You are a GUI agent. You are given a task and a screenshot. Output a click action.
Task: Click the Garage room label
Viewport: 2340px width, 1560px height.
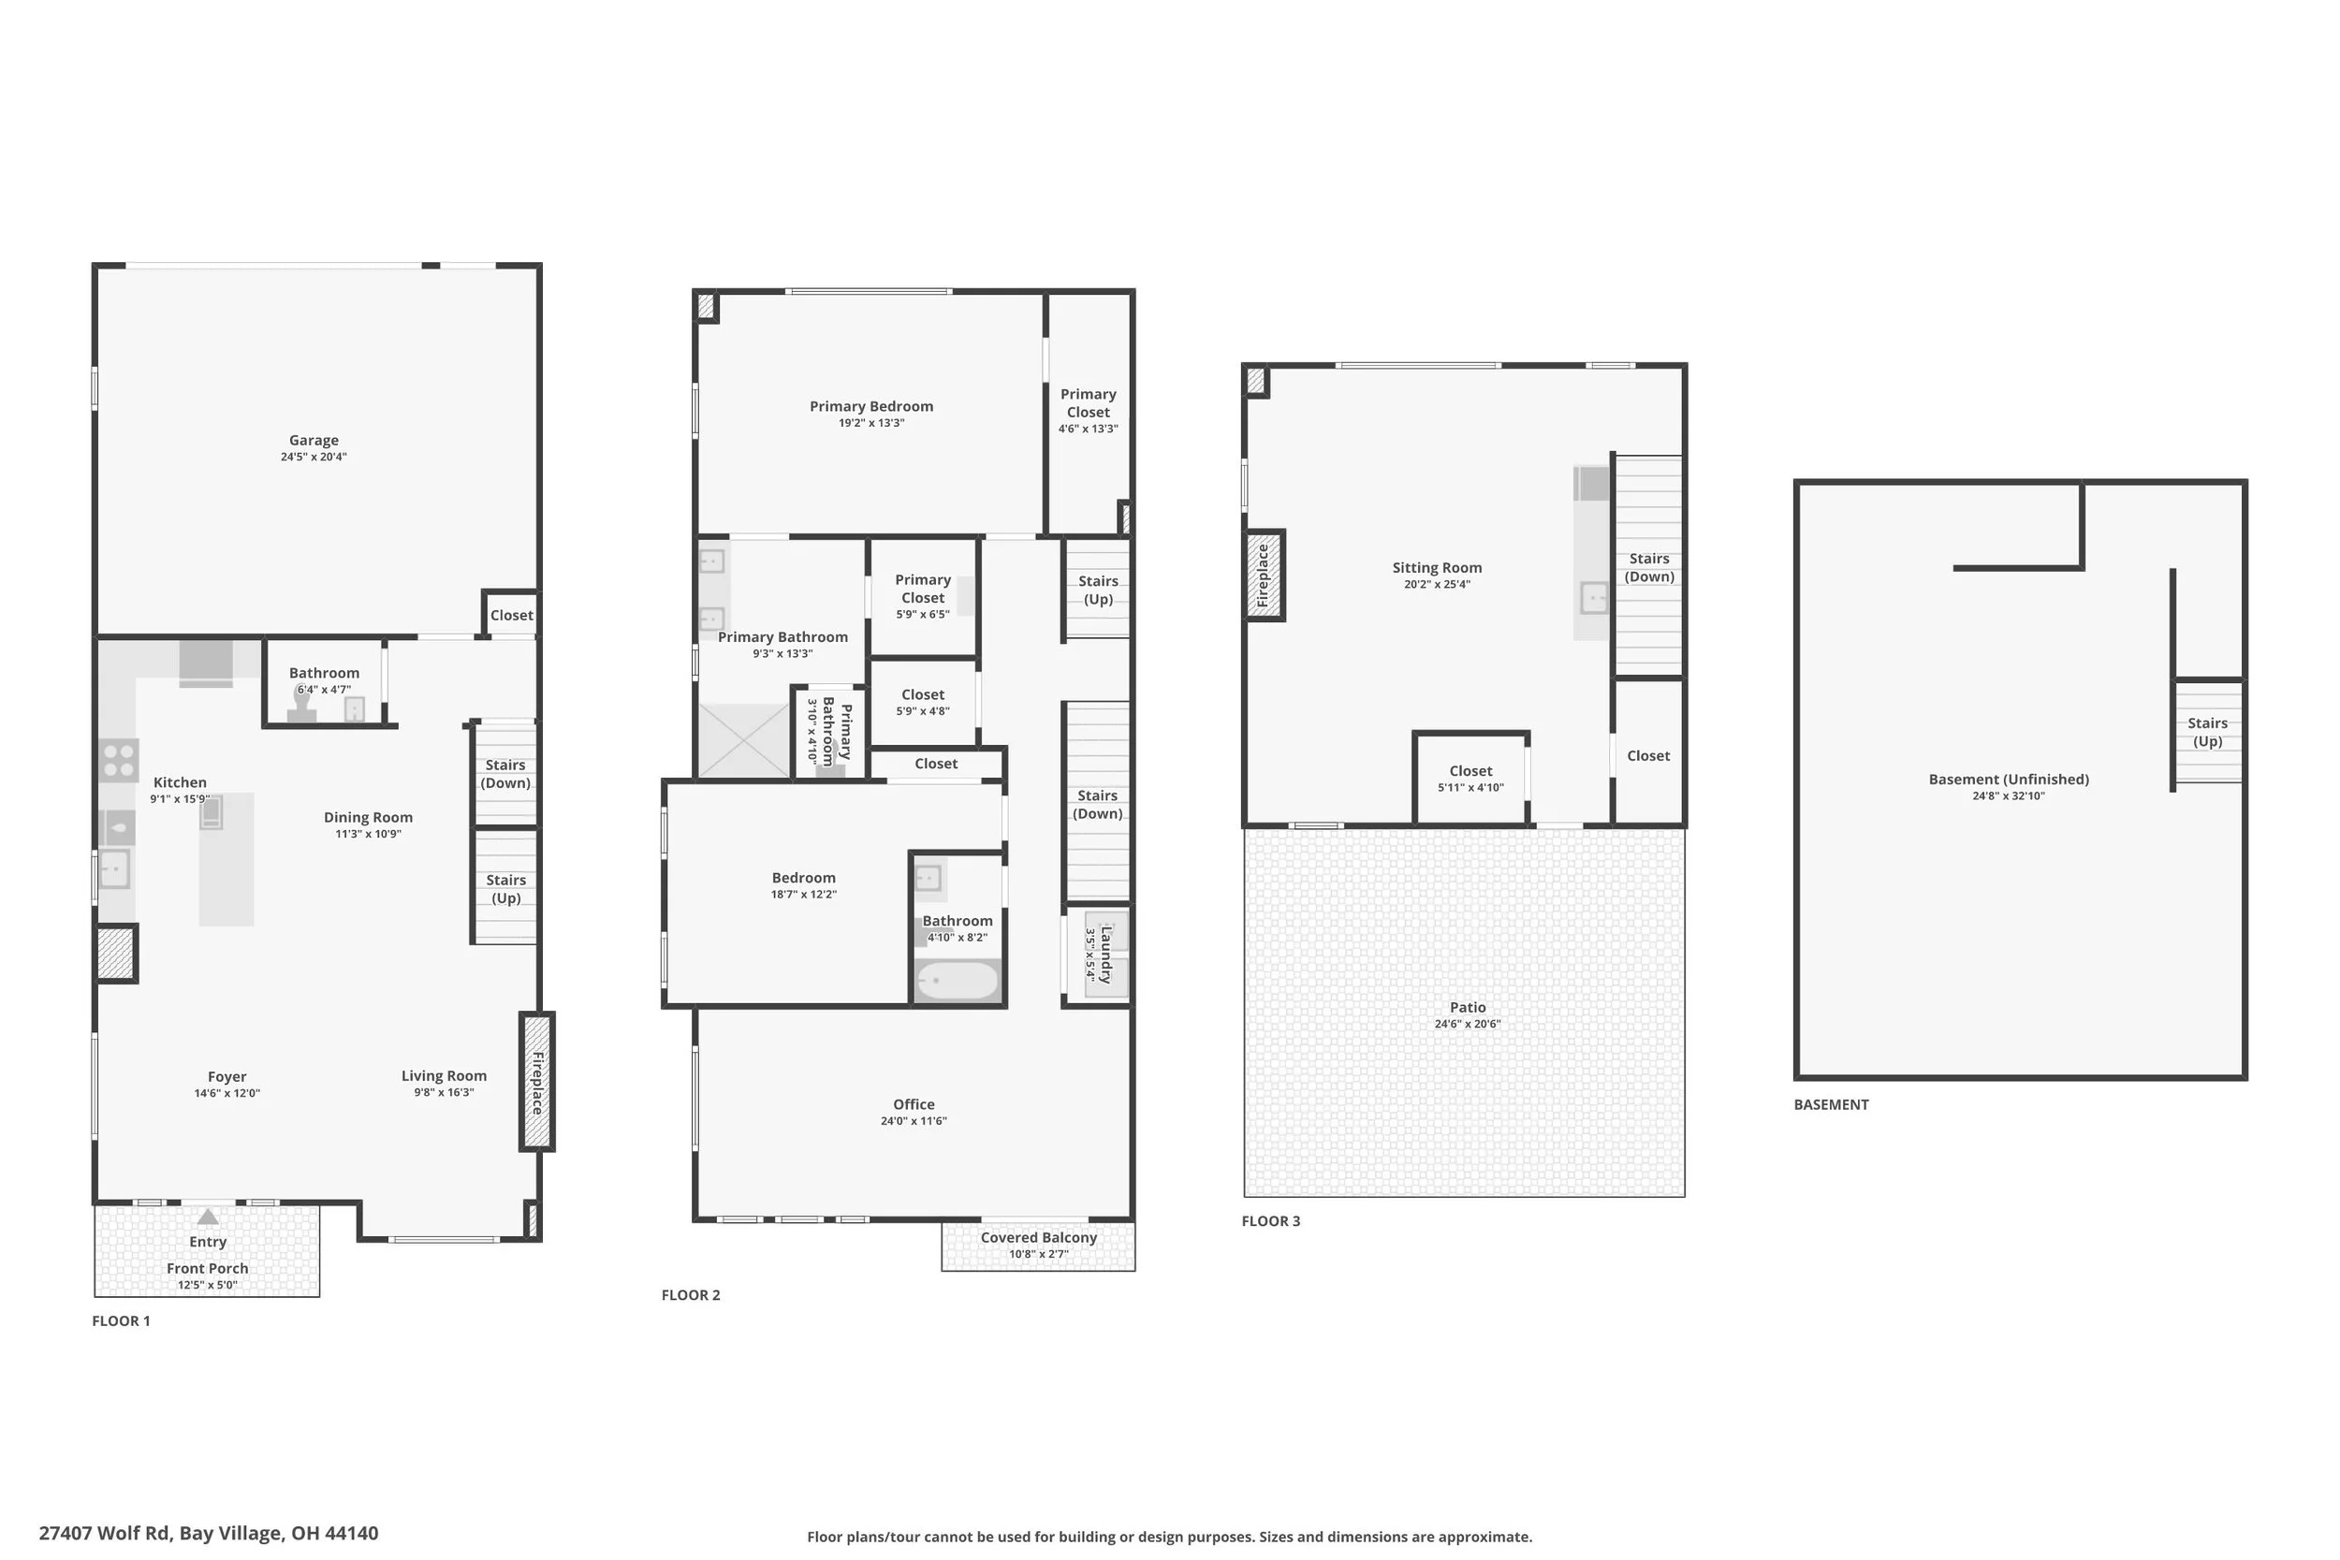314,440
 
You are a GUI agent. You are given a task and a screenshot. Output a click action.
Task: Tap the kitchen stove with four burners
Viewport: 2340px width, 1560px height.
118,760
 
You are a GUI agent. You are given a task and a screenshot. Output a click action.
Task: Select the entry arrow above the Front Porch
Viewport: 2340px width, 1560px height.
207,1216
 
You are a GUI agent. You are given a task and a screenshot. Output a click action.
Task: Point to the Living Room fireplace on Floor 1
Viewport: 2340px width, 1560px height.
536,1082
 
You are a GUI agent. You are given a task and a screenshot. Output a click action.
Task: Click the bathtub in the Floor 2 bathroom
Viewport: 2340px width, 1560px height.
958,981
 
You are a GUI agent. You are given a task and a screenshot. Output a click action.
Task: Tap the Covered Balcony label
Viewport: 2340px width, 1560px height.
1039,1238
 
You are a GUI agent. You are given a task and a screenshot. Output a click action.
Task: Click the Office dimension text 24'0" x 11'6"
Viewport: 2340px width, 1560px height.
914,1121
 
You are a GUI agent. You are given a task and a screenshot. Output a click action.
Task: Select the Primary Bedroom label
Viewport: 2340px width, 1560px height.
871,406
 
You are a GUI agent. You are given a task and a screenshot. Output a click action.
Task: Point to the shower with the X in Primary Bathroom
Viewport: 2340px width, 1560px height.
744,740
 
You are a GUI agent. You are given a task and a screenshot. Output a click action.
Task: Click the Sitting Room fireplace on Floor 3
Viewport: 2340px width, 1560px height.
1265,575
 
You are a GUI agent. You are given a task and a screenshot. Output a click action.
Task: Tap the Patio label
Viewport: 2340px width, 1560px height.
1468,1007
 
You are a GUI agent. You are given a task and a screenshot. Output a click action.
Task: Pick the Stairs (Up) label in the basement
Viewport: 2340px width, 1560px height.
2208,732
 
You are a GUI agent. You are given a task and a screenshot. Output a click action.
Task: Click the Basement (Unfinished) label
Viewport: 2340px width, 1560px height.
2009,779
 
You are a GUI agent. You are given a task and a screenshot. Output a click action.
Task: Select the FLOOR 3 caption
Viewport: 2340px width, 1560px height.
1270,1220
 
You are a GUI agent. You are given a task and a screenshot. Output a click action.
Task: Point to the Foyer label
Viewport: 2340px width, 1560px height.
227,1076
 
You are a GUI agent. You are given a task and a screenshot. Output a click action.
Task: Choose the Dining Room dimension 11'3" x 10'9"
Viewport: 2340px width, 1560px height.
368,834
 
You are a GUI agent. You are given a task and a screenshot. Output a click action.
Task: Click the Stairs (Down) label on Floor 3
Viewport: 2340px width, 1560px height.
1649,567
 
